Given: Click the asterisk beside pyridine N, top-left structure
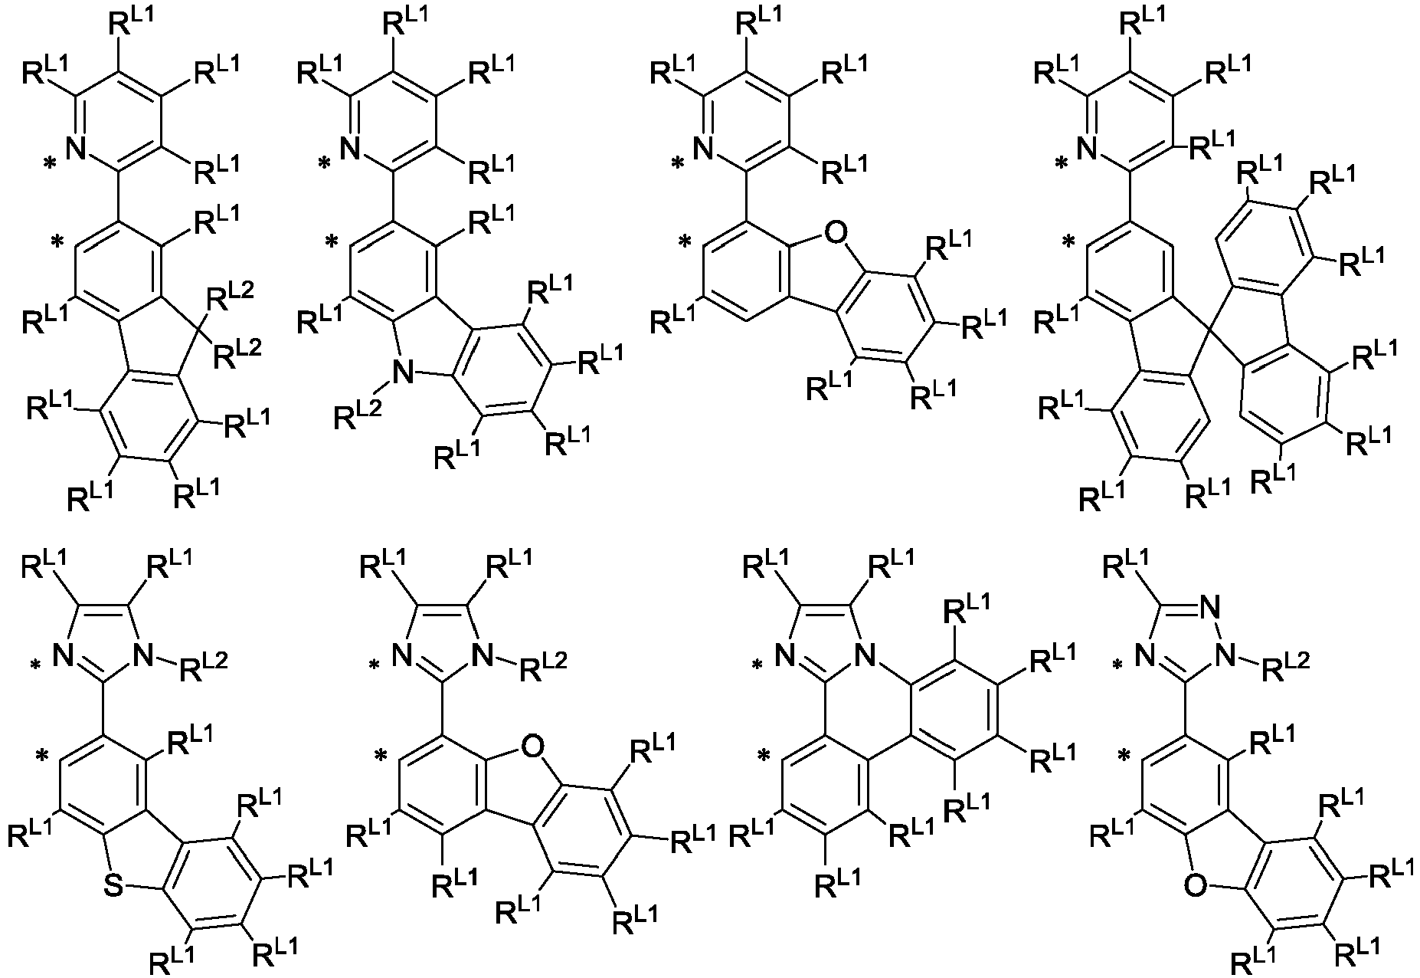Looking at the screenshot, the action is (51, 164).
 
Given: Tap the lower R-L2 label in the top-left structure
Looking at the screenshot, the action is (237, 352).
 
